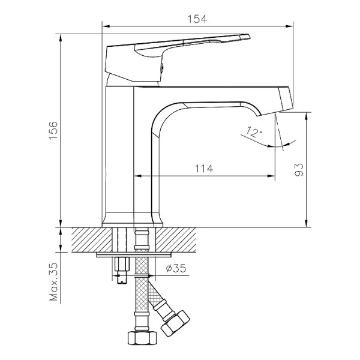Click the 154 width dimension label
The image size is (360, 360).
pos(197,18)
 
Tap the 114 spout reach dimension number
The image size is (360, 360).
pos(204,169)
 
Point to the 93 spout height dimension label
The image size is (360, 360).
pos(301,170)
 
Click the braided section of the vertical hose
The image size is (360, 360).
pos(142,288)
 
